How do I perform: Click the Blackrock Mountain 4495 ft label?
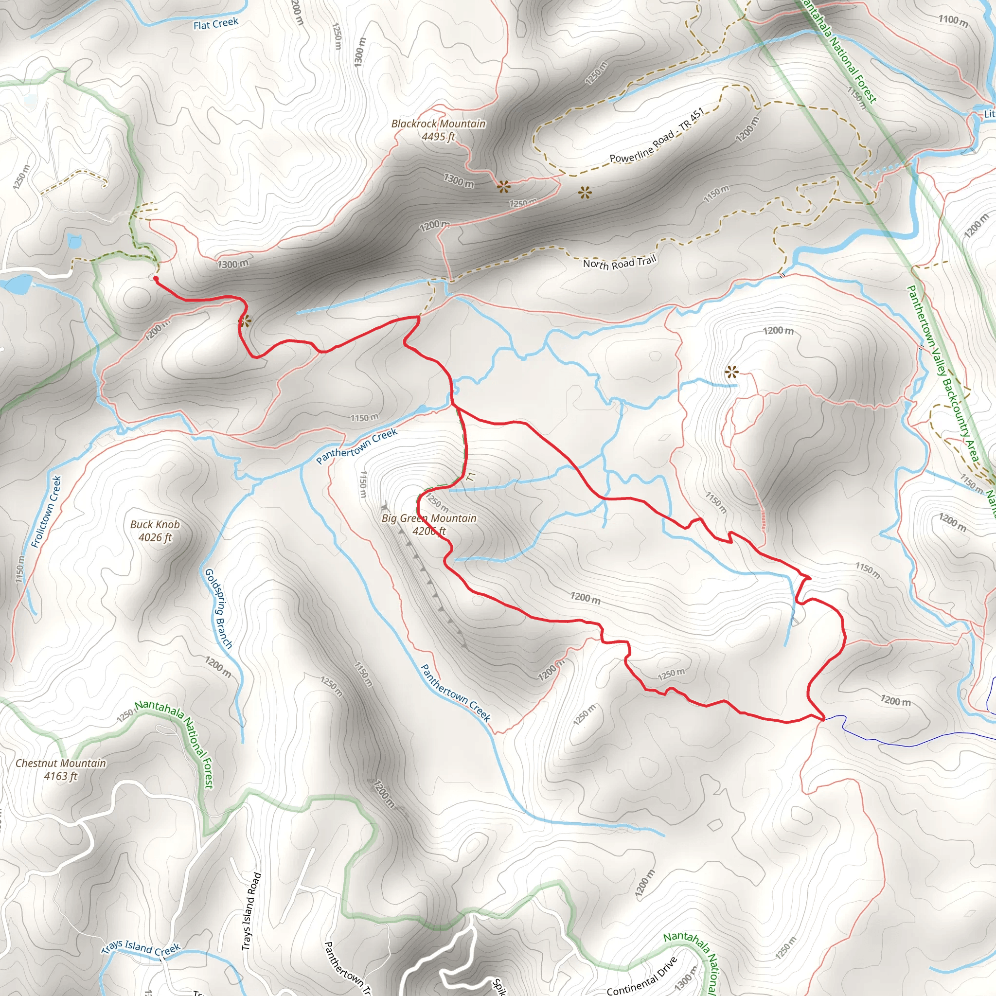point(438,130)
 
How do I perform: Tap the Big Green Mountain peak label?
point(429,524)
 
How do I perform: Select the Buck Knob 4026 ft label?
point(155,531)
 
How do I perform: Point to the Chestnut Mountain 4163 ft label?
point(61,769)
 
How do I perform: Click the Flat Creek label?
point(215,23)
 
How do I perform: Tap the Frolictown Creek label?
point(46,512)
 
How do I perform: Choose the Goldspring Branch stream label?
point(218,608)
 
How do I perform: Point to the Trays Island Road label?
point(251,911)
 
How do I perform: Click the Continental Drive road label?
point(641,977)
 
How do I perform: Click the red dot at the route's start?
point(156,278)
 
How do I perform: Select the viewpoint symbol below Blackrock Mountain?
point(503,187)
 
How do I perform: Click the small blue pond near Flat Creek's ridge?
point(74,240)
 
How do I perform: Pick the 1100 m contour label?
point(953,20)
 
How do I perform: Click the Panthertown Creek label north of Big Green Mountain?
point(357,446)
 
